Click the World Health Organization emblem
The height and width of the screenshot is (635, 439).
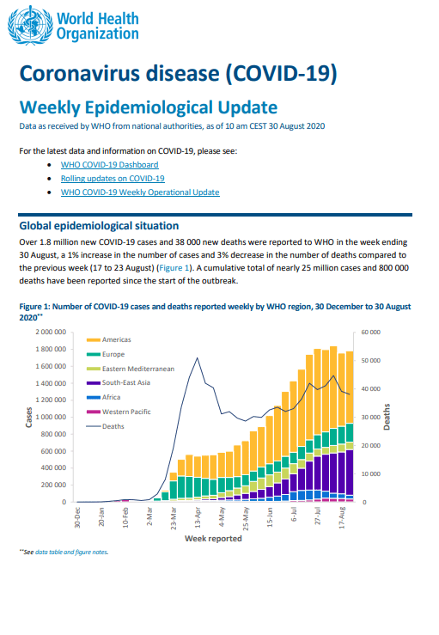tap(30, 25)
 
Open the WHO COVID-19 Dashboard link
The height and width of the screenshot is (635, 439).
tap(109, 165)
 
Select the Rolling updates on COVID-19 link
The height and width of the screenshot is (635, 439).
tap(113, 179)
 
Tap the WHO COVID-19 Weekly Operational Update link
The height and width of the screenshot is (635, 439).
tap(140, 192)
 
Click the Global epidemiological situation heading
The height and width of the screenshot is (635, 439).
tap(99, 226)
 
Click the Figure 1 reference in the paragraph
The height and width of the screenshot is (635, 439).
tap(174, 268)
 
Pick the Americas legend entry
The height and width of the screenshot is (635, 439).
tap(109, 339)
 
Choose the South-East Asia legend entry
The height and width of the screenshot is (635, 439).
tap(119, 382)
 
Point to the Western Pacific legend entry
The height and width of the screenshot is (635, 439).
tap(119, 412)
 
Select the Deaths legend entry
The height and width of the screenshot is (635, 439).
tap(106, 426)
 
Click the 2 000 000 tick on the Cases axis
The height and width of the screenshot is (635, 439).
tap(51, 332)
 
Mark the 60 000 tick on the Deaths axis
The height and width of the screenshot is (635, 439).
tap(370, 332)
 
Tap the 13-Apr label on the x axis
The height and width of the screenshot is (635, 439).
tap(198, 518)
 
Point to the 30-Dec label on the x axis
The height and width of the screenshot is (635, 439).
tap(77, 518)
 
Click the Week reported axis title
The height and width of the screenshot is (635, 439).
tap(213, 539)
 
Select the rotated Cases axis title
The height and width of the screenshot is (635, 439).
tap(28, 417)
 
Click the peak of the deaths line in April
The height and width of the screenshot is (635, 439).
tap(198, 358)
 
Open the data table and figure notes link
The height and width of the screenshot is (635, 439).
tap(71, 552)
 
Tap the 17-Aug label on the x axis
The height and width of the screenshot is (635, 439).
tap(342, 518)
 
